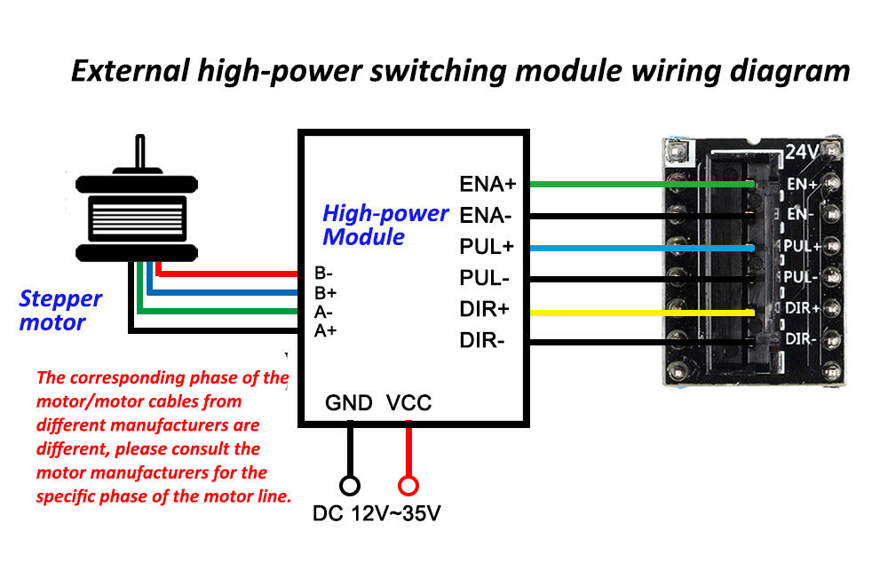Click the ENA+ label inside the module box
(488, 185)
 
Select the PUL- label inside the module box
(484, 279)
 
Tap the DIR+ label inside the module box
(484, 310)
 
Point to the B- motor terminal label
(324, 273)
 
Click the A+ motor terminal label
(325, 330)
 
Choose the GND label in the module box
(348, 403)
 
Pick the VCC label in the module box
(408, 403)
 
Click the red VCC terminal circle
(408, 486)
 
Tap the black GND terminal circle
(350, 486)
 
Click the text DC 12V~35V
(377, 514)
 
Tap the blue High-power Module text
(385, 225)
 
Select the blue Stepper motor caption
(60, 311)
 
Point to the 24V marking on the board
(802, 153)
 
